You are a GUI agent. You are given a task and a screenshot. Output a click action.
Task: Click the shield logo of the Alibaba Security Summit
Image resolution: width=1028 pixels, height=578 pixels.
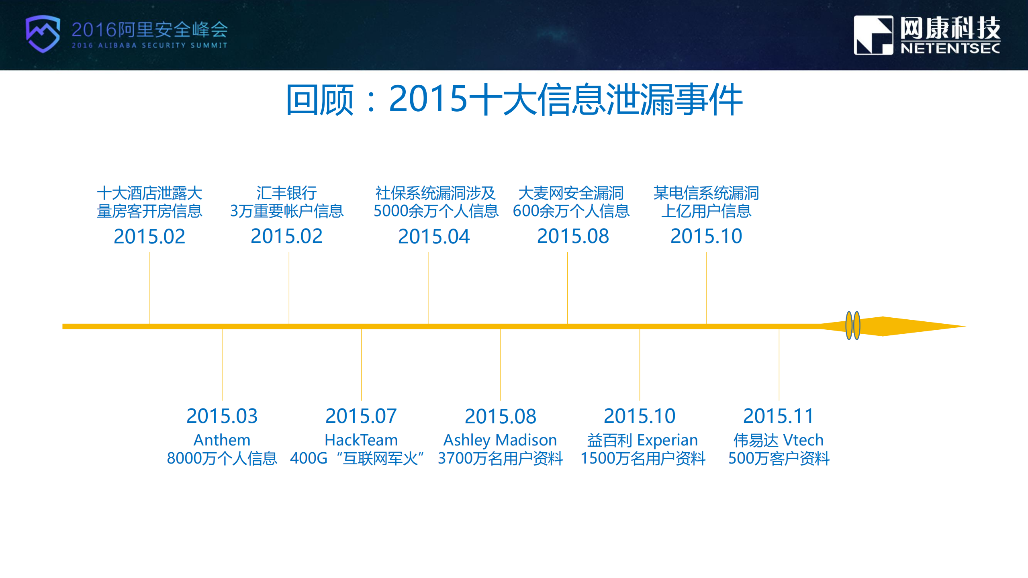click(43, 34)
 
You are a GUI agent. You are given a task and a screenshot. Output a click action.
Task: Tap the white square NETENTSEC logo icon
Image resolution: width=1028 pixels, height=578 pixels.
click(873, 35)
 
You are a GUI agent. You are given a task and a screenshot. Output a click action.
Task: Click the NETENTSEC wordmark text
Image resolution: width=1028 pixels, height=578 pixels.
click(950, 49)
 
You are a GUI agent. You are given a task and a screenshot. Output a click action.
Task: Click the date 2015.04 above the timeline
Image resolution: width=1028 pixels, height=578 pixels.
click(433, 236)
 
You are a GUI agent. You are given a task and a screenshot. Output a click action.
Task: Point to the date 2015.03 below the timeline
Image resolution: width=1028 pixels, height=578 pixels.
click(222, 416)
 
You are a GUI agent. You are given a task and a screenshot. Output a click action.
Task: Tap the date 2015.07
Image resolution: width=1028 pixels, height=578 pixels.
click(361, 416)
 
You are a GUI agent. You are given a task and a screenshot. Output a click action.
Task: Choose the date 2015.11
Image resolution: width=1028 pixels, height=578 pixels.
click(778, 416)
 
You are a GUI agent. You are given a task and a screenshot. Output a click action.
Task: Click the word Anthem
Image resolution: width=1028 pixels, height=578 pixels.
click(222, 440)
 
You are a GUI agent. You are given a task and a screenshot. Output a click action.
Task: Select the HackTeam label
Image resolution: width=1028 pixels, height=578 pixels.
click(361, 440)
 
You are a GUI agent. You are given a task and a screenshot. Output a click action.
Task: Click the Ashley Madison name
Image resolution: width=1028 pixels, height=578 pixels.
click(500, 440)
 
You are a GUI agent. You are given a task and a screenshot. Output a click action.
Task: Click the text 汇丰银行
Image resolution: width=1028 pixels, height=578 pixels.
click(286, 193)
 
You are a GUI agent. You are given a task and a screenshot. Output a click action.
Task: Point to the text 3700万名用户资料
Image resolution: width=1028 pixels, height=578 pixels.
click(500, 458)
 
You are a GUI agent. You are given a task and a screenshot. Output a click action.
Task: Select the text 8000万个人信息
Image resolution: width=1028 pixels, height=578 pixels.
click(222, 458)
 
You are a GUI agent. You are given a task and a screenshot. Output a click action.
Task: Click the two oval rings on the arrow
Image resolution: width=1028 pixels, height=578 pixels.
click(852, 326)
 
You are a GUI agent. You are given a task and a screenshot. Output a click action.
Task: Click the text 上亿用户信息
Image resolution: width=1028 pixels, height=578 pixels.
click(706, 211)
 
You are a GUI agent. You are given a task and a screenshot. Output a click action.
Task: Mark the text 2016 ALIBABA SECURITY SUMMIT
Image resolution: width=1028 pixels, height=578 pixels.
click(149, 45)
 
